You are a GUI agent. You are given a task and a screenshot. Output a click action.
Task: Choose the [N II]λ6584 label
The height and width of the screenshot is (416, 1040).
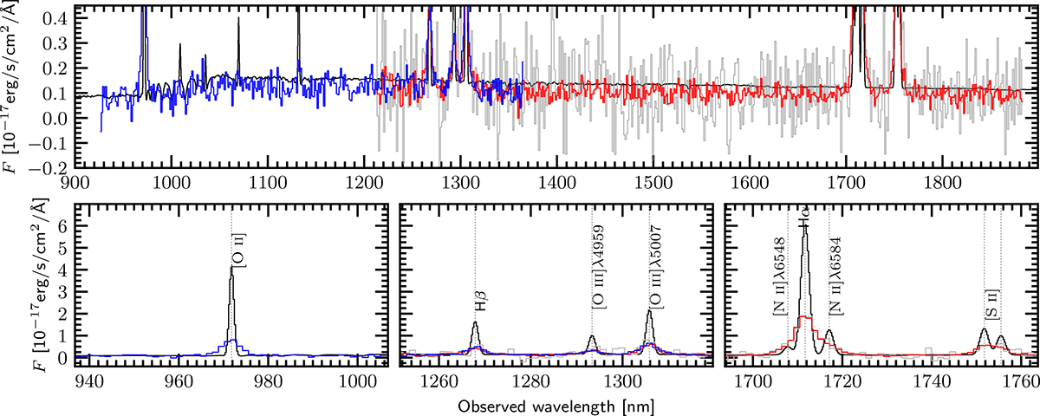click(837, 283)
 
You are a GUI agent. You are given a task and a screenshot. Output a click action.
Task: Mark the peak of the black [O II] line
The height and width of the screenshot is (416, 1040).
click(231, 267)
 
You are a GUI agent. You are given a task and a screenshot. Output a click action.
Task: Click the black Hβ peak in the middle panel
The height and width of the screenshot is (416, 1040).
click(475, 322)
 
